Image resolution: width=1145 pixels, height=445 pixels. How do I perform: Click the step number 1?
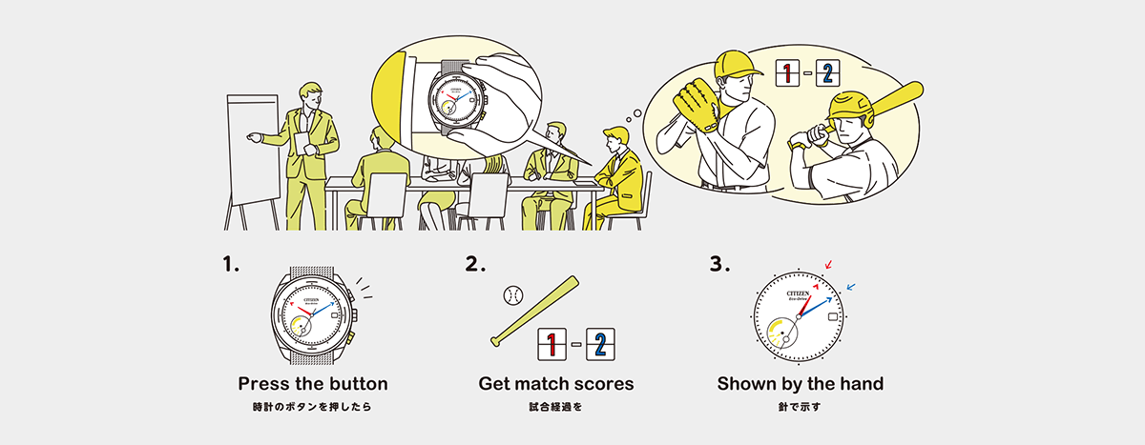231,264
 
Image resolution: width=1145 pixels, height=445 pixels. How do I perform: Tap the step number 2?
475,264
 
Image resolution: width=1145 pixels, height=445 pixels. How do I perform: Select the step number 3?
719,264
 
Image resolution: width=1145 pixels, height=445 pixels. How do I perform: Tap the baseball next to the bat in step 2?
513,295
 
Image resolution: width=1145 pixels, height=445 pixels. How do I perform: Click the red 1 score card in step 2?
552,344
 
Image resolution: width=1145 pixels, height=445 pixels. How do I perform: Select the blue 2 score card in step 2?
600,344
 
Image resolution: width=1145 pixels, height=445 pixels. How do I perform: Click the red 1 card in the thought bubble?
787,73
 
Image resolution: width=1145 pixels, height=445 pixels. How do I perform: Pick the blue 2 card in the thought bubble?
827,73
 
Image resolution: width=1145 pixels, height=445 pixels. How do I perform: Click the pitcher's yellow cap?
736,64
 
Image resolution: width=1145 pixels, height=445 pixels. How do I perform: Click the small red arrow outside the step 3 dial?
828,264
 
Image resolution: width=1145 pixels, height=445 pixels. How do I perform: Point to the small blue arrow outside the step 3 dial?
851,288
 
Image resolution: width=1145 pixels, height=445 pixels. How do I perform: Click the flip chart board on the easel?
253,149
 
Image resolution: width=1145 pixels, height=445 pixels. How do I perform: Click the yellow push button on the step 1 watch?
351,336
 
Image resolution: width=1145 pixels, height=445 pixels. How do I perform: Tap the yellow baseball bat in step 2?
535,312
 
